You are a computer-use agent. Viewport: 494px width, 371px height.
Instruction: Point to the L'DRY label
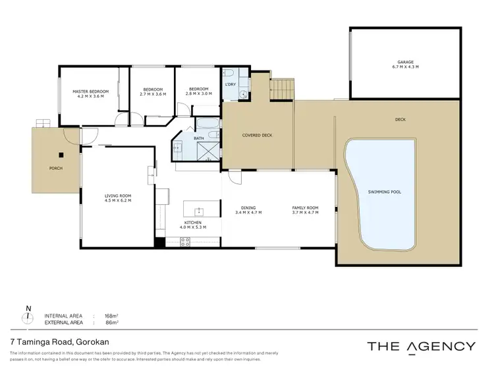pos(231,85)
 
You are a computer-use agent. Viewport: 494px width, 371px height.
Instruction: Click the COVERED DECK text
pos(257,135)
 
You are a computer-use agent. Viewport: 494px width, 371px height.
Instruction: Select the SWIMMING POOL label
pos(384,192)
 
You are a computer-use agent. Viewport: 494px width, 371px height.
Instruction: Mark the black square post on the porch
pos(60,156)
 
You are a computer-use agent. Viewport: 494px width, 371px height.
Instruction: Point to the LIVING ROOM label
pos(118,196)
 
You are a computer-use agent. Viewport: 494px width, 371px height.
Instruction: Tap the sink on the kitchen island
pos(198,212)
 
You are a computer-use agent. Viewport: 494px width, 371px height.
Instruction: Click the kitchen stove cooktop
pos(186,241)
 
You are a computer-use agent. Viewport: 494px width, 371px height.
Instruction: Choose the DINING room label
pos(248,208)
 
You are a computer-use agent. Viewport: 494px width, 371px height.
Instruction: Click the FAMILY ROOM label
pos(305,208)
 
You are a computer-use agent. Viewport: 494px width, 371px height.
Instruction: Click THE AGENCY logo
pos(420,346)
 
